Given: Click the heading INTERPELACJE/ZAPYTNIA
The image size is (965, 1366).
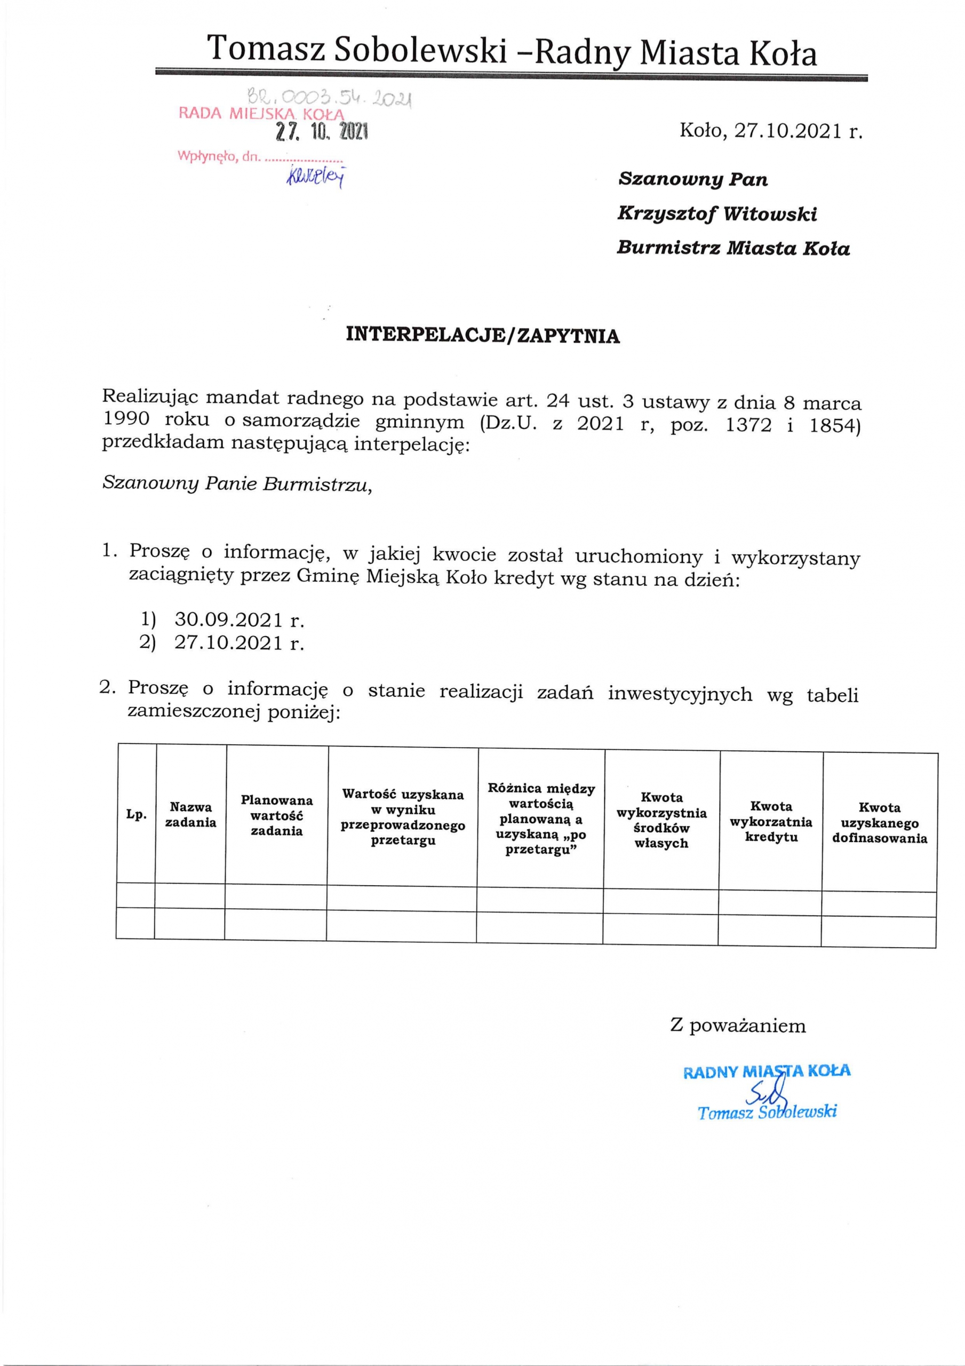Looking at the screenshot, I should (x=482, y=336).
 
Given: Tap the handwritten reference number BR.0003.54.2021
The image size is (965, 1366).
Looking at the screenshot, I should (x=329, y=98).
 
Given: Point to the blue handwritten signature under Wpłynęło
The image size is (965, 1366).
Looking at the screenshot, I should (x=316, y=176).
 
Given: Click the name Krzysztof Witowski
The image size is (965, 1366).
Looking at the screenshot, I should (x=717, y=213).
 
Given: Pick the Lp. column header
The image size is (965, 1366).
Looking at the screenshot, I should (x=136, y=814).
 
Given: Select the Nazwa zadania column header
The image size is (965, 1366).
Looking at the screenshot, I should (x=190, y=814).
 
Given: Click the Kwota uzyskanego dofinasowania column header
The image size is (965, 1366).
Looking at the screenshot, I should (x=879, y=823).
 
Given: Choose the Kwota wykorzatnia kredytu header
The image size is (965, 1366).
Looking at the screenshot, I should (x=771, y=822).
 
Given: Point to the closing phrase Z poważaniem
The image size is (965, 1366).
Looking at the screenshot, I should (x=738, y=1026).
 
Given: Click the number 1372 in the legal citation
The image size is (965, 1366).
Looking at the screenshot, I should (x=749, y=425).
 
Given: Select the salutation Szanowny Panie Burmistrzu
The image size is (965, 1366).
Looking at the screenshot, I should (x=237, y=483).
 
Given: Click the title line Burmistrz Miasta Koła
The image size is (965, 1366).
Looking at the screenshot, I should (x=733, y=248).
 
